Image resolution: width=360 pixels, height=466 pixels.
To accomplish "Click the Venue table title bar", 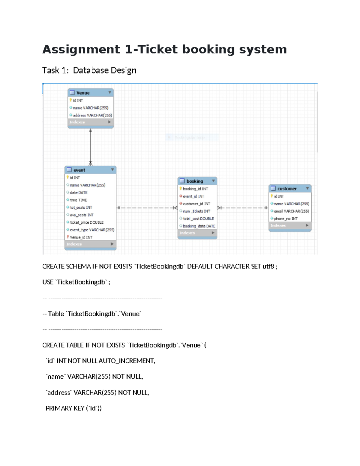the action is [90, 93].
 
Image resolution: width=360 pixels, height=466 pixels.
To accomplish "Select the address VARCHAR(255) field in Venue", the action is [92, 115].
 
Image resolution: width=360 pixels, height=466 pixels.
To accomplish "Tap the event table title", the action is [90, 170].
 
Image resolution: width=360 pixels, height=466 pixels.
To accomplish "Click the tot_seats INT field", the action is [81, 207].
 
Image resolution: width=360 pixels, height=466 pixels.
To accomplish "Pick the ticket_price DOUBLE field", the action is [86, 222].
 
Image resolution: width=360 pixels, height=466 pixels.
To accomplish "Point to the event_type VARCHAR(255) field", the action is [92, 230].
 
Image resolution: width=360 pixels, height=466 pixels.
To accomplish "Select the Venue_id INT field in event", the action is [81, 237].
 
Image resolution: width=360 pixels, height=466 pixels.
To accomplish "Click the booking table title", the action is [197, 181].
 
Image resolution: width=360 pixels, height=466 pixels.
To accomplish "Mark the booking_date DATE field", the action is [199, 226].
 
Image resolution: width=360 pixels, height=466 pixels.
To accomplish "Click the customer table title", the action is [289, 189].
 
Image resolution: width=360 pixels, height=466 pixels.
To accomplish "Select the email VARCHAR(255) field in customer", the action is [291, 211].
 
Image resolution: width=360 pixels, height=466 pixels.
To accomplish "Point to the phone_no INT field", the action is [285, 219].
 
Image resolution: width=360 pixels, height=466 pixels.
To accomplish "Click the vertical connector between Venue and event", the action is [91, 147].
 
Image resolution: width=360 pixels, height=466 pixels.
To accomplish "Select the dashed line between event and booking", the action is [147, 208].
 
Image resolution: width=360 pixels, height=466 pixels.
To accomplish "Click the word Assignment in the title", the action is [81, 50].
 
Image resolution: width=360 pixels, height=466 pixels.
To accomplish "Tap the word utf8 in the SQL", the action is [268, 266].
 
